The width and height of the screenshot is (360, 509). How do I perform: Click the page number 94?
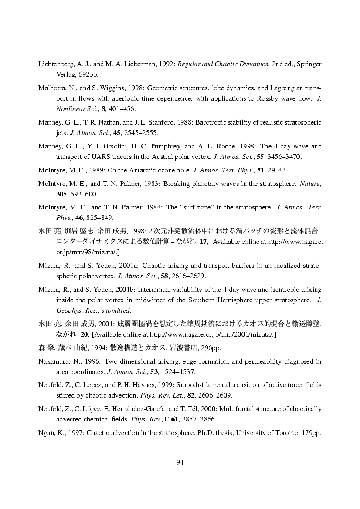coord(180,462)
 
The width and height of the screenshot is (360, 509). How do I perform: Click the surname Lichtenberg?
coord(55,64)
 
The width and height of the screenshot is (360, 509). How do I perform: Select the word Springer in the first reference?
coord(310,64)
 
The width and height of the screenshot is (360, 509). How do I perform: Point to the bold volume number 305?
coord(62,194)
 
